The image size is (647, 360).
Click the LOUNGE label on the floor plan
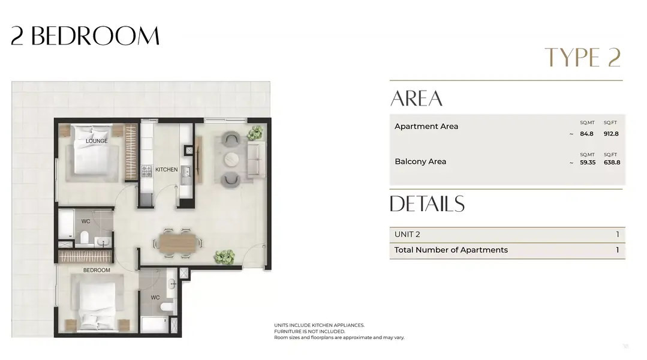tap(97, 141)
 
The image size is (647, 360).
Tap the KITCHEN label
tap(166, 169)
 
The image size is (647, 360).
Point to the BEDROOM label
tap(97, 270)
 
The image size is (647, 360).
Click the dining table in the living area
tap(178, 243)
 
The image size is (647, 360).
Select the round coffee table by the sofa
tap(231, 158)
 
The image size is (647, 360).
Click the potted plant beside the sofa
tap(255, 133)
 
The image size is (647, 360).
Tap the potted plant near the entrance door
tap(224, 256)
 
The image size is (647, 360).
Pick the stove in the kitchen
tap(146, 170)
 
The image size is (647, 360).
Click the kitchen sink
tap(186, 173)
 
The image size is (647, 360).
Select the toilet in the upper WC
tap(85, 238)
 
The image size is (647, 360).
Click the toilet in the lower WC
tap(167, 307)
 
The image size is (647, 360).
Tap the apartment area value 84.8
tap(586, 134)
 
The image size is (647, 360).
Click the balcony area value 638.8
tap(612, 162)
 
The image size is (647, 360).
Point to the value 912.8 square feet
tap(611, 134)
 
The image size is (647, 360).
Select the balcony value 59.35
tap(588, 162)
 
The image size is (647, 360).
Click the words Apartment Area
tap(426, 127)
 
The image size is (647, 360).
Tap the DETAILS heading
tap(427, 203)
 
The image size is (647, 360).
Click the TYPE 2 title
tap(583, 57)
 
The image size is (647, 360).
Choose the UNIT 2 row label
tap(407, 235)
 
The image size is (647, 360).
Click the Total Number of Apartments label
tap(451, 250)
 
